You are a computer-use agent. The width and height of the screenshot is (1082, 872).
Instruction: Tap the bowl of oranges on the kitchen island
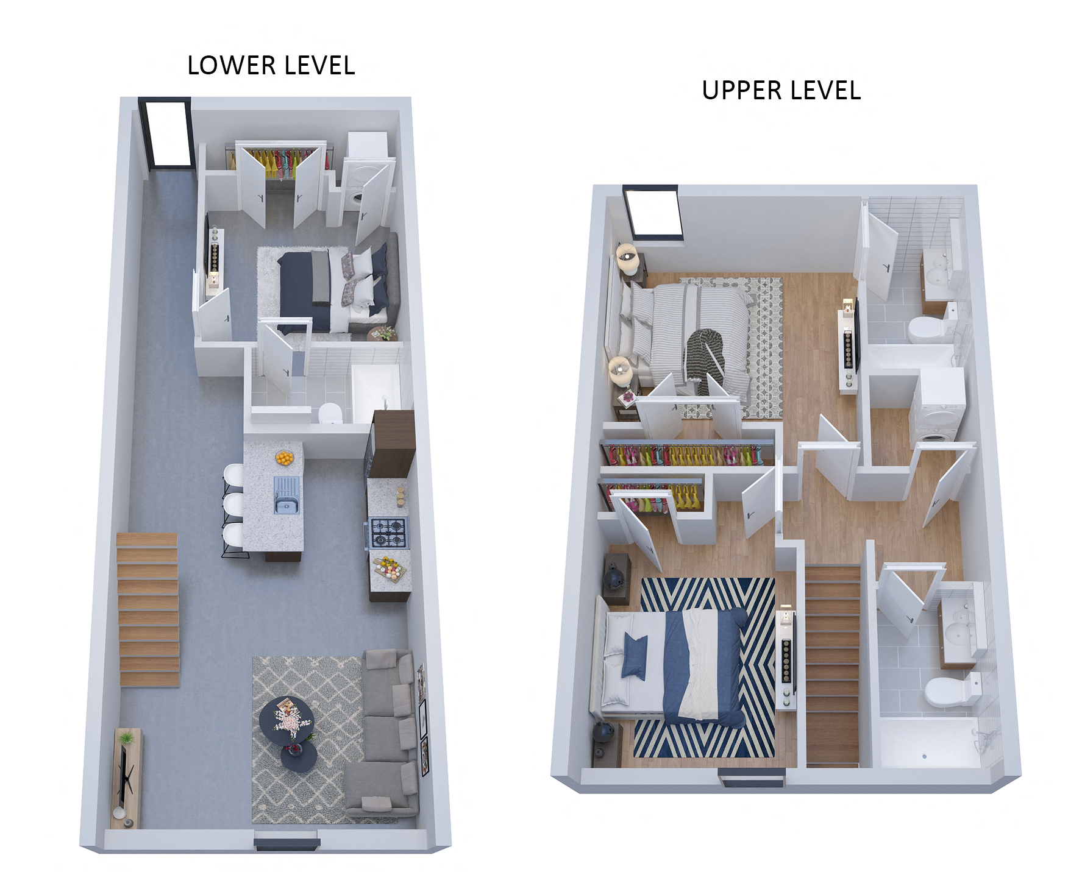click(x=284, y=457)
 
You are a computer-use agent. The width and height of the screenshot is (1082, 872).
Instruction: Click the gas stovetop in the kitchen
click(x=389, y=533)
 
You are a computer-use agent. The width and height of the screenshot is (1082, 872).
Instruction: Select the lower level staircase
click(x=148, y=609)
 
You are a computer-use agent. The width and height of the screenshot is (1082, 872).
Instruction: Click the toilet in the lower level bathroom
click(x=330, y=413)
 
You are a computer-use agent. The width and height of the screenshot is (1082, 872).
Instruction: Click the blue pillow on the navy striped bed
click(x=635, y=656)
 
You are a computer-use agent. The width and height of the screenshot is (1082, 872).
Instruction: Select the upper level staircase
click(x=832, y=664)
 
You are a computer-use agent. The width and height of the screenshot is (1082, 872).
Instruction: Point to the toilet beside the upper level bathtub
click(x=951, y=691)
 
